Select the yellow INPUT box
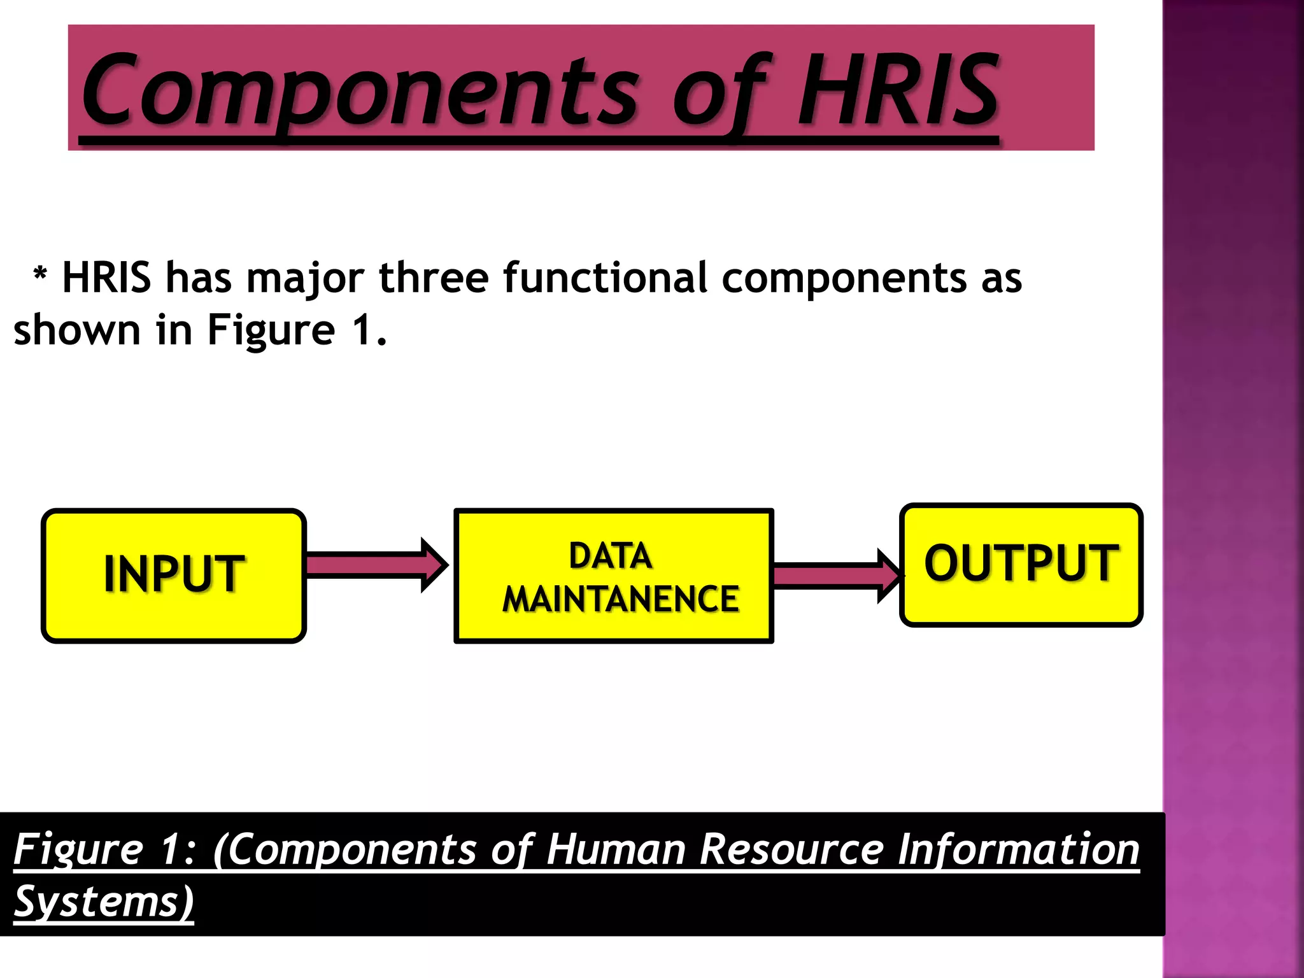tap(174, 575)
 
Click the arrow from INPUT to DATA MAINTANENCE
tap(376, 565)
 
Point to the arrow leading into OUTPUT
tap(837, 575)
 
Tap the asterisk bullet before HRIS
tap(40, 276)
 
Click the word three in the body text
tap(433, 278)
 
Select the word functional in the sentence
tap(605, 278)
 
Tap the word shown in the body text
tap(76, 330)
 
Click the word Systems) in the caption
tap(104, 903)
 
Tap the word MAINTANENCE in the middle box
tap(620, 599)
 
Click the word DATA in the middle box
tap(610, 556)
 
